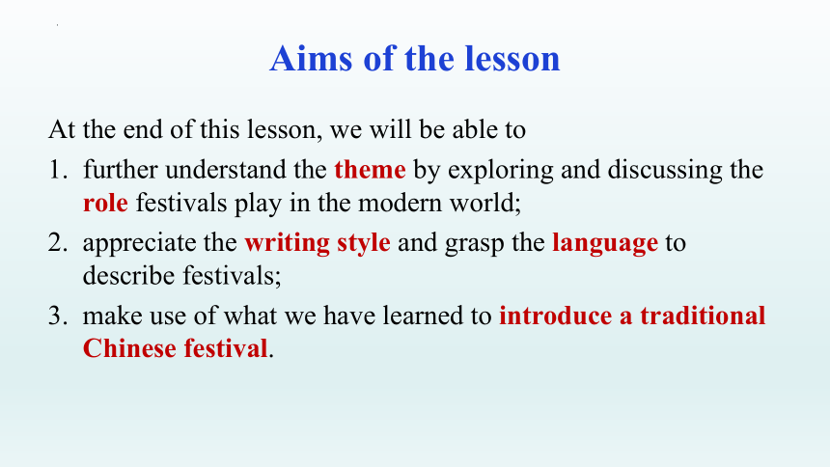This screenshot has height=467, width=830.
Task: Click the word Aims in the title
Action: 311,58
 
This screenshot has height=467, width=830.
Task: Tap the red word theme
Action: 370,170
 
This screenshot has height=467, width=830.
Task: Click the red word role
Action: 105,204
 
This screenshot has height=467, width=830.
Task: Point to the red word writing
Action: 288,243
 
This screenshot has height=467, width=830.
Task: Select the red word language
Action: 605,243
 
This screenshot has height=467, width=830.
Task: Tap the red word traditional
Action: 703,316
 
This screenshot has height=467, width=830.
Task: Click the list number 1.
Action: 58,170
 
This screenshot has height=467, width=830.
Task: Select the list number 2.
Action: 58,242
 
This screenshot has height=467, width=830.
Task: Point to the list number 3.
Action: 58,316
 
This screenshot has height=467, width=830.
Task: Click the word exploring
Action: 501,171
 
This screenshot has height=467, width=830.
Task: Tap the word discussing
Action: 663,171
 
